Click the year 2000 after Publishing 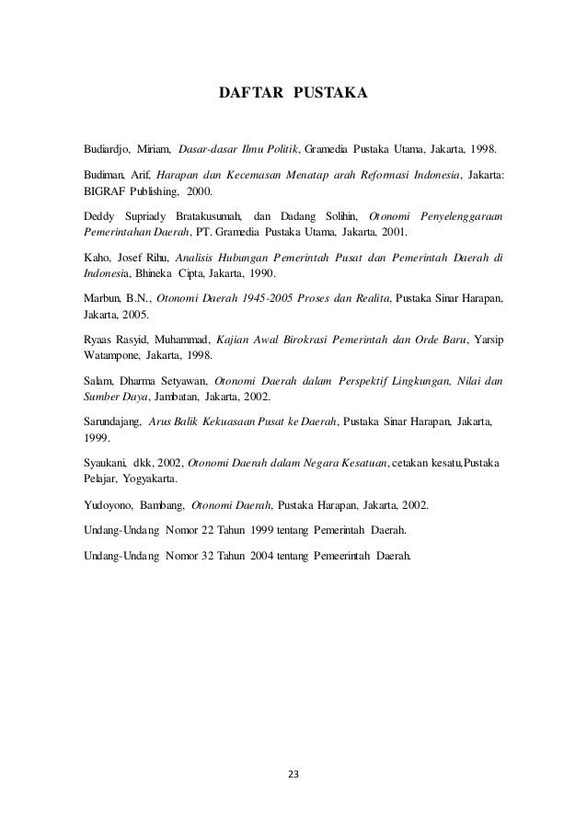198,193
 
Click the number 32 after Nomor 214,557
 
